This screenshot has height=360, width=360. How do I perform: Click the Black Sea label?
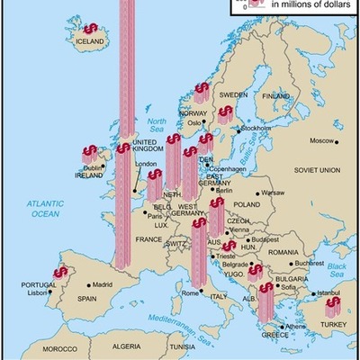(337, 268)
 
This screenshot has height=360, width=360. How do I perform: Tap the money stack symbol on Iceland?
(91, 30)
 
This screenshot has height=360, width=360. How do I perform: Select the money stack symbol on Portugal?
(59, 271)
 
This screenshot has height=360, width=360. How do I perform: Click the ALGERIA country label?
(126, 346)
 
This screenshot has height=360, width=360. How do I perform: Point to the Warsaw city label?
(272, 193)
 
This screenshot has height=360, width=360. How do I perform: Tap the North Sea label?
(157, 125)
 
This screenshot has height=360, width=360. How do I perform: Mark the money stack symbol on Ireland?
(90, 154)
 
